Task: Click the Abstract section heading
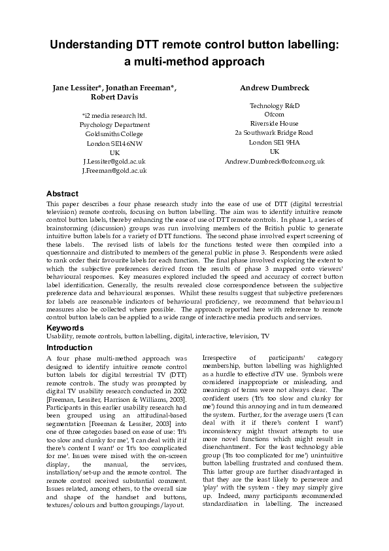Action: pyautogui.click(x=62, y=194)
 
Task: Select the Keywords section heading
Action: pyautogui.click(x=65, y=327)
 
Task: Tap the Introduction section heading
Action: pyautogui.click(x=70, y=347)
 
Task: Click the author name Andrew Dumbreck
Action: pyautogui.click(x=275, y=88)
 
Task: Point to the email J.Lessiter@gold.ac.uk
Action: pyautogui.click(x=114, y=161)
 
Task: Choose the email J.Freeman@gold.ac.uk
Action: pyautogui.click(x=114, y=170)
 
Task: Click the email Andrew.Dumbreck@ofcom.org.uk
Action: pyautogui.click(x=275, y=161)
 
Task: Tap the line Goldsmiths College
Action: pyautogui.click(x=114, y=133)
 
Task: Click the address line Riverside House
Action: pyautogui.click(x=275, y=123)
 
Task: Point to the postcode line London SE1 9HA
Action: pyautogui.click(x=275, y=141)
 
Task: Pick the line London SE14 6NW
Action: pyautogui.click(x=114, y=143)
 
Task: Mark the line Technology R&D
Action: pyautogui.click(x=275, y=105)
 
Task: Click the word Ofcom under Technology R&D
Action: pyautogui.click(x=275, y=114)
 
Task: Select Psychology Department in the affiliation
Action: pyautogui.click(x=114, y=124)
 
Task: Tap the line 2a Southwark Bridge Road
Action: pyautogui.click(x=275, y=132)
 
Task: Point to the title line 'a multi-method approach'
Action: pyautogui.click(x=194, y=62)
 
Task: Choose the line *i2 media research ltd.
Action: pyautogui.click(x=114, y=116)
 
